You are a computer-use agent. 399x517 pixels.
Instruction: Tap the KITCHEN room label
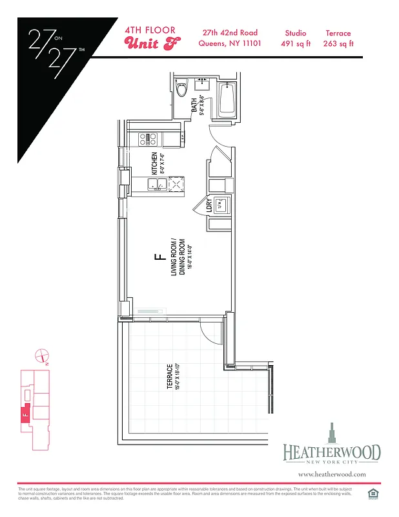155,163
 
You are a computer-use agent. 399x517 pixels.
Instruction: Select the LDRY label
209,206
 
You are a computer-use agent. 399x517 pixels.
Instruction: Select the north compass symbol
41,354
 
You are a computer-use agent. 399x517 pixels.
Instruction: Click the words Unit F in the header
152,44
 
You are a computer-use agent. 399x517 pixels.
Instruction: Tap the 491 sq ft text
296,44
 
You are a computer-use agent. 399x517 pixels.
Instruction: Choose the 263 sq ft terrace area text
338,44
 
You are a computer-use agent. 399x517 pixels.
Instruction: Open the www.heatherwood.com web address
332,474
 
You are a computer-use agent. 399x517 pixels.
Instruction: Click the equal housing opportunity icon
372,494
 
